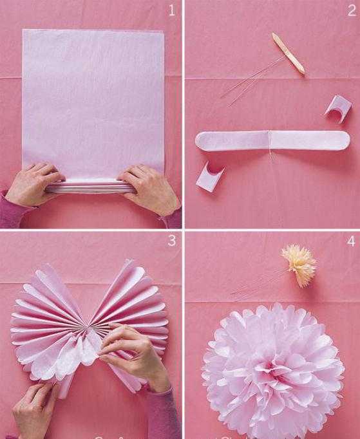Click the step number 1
click(172, 10)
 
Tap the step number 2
click(352, 10)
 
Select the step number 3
click(171, 241)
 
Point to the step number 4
click(352, 241)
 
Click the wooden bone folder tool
click(289, 53)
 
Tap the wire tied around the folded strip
click(270, 144)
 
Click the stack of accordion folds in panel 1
click(90, 187)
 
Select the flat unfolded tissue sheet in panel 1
click(93, 104)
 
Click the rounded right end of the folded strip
click(341, 140)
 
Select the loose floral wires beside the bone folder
click(249, 81)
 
